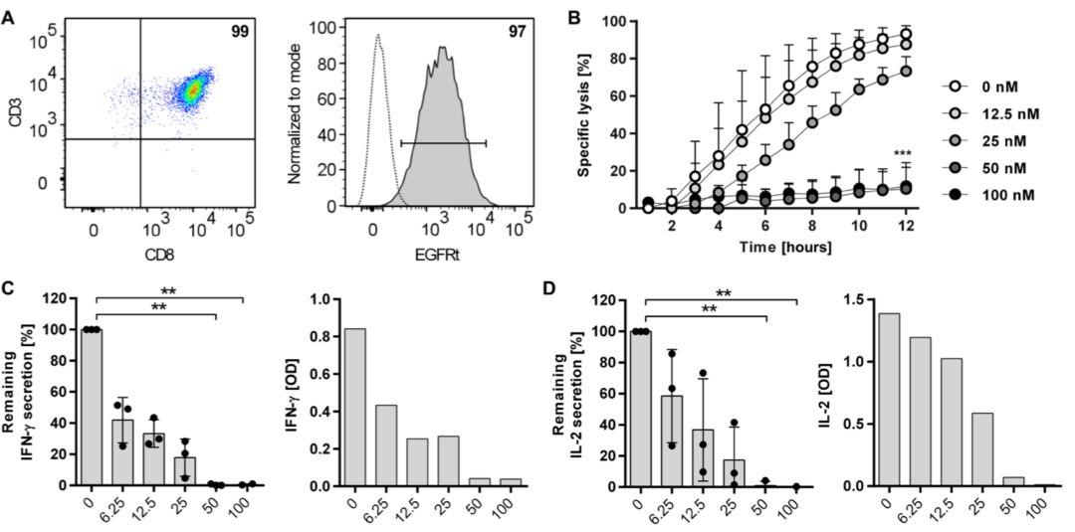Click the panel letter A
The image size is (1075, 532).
(10, 18)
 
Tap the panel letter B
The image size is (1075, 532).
(572, 17)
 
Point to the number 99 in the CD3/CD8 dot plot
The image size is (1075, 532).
(240, 32)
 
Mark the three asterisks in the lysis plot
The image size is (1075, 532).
(902, 154)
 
